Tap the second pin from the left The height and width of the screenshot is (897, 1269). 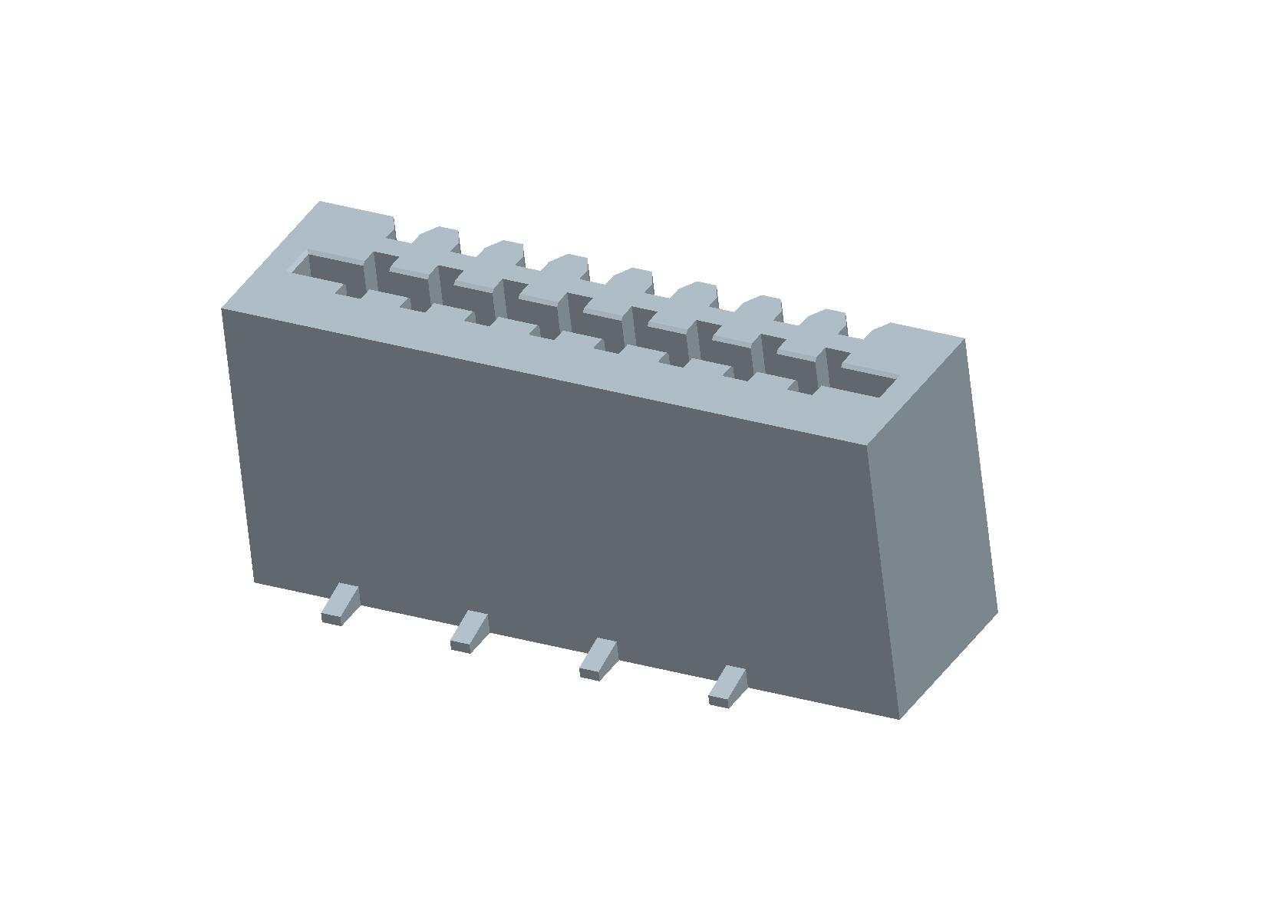tap(470, 631)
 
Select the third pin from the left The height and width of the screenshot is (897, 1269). tap(598, 658)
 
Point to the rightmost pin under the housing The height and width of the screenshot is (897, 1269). tap(727, 687)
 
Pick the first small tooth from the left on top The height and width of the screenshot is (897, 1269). tap(437, 239)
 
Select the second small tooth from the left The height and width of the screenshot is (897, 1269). tap(502, 252)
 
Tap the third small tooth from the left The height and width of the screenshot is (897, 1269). tap(566, 266)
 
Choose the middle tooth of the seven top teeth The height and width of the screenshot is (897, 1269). tap(631, 280)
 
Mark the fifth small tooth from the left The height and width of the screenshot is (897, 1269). tap(695, 294)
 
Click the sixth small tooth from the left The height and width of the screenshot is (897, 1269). tap(760, 307)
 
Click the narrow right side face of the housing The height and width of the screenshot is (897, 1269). tap(932, 529)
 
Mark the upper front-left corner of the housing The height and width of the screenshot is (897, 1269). tap(222, 309)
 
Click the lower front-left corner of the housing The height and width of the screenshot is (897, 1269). tap(254, 582)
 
